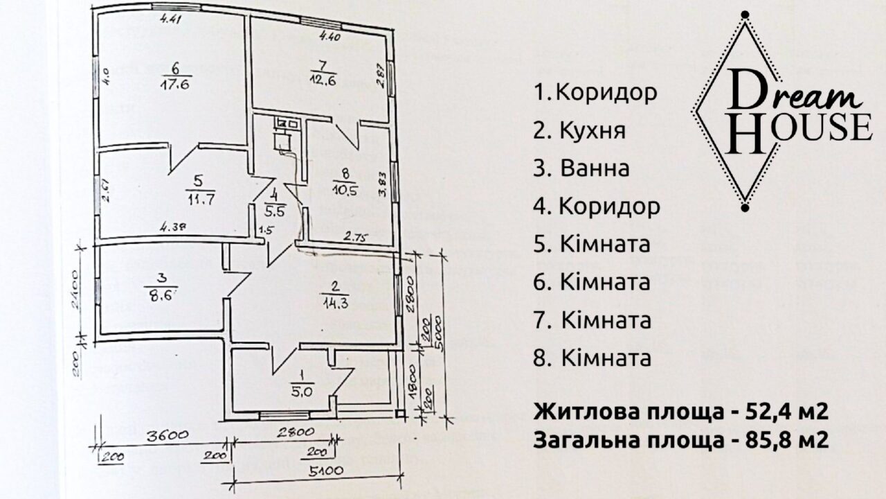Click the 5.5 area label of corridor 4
point(275,206)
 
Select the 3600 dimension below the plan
point(164,437)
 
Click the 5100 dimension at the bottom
point(318,472)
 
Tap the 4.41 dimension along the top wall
point(170,19)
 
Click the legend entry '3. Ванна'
point(581,168)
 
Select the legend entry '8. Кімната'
point(593,359)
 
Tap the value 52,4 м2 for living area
point(781,412)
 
